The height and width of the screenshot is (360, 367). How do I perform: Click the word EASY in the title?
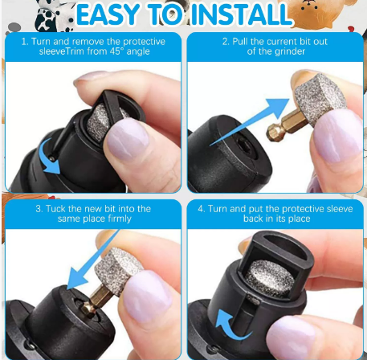click(108, 14)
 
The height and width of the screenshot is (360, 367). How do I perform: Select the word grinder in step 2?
click(291, 51)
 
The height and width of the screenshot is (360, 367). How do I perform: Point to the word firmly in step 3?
click(120, 219)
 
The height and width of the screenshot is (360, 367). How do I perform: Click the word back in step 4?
click(253, 219)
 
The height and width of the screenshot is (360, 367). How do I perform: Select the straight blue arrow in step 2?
click(250, 122)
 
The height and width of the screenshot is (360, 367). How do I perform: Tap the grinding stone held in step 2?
click(320, 99)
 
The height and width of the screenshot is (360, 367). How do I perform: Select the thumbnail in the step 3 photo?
click(147, 296)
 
